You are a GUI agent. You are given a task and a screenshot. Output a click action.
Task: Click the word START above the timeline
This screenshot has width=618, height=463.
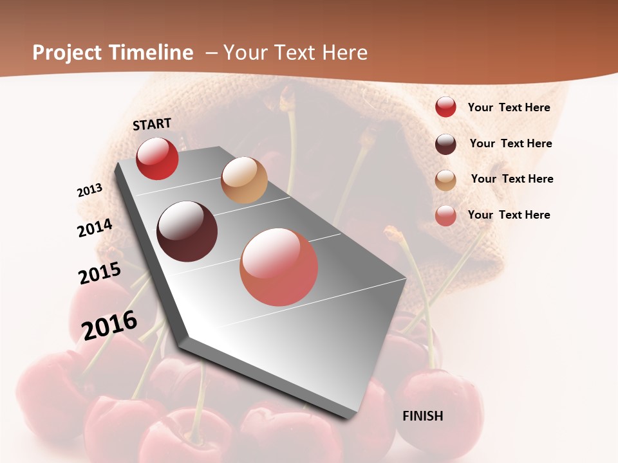pos(152,124)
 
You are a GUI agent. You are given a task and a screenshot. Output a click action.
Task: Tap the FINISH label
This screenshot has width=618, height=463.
pos(422,416)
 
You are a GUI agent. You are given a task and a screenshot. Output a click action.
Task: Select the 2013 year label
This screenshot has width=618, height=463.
pos(89,190)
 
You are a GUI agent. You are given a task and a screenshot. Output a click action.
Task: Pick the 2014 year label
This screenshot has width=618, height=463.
pos(95,228)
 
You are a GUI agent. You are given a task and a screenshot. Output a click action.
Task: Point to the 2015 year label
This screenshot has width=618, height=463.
pos(100,273)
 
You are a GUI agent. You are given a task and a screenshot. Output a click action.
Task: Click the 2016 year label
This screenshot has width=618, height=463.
pos(109,325)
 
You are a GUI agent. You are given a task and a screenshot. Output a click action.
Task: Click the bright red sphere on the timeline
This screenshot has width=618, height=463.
pos(157,158)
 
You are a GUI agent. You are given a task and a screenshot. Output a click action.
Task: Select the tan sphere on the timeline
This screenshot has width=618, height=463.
pos(244,180)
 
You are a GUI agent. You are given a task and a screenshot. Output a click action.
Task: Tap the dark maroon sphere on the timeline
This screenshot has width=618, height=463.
pos(187,232)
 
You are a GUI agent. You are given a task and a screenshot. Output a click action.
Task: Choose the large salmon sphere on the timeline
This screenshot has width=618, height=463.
pos(279,267)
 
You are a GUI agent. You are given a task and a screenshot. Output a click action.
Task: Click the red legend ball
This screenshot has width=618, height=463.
pos(445,107)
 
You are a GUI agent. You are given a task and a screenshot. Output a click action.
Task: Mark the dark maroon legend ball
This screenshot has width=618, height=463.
pos(445,144)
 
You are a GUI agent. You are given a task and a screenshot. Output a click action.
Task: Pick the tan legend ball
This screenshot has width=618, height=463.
pos(445,180)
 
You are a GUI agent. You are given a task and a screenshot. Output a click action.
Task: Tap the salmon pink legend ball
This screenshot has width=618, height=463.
pos(445,215)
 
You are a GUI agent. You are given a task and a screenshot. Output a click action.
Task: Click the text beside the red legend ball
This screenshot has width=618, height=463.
pos(509,107)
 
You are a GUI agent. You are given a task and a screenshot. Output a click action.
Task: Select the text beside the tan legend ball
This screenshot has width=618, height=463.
pos(512,179)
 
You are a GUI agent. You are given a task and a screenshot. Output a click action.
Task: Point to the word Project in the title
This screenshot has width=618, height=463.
pos(68,53)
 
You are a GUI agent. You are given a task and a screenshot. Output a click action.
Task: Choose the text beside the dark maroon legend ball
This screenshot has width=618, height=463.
pos(510,143)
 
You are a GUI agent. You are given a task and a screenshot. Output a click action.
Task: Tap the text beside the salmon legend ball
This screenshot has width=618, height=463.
pos(509,215)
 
